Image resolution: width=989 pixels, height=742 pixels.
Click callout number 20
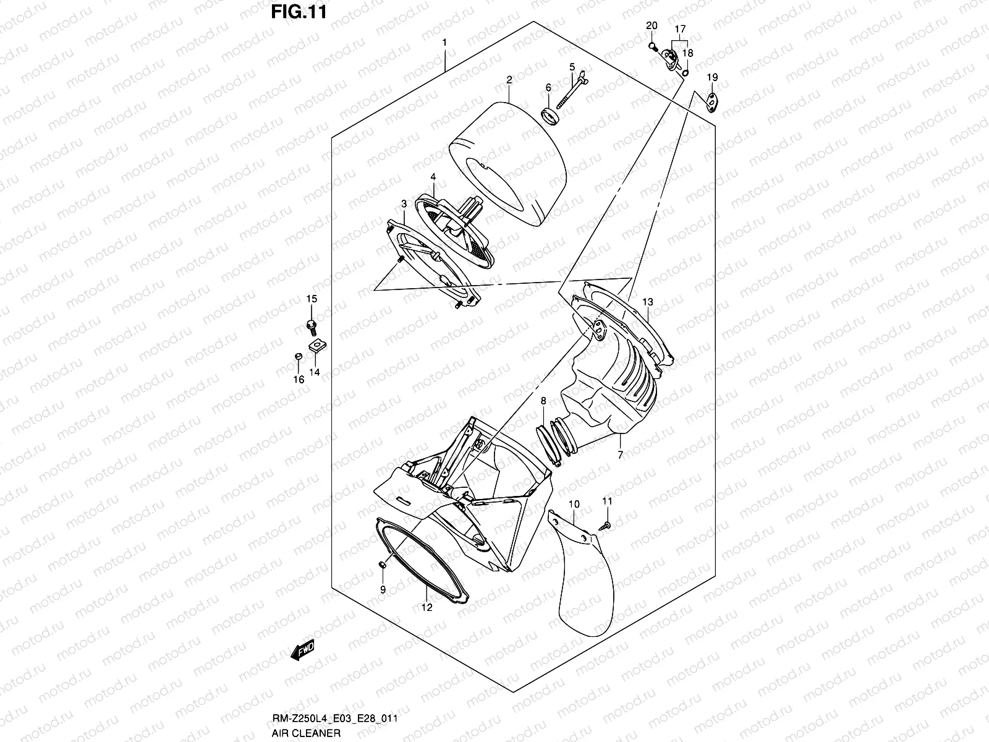pyautogui.click(x=652, y=25)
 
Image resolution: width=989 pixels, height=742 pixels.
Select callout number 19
pyautogui.click(x=712, y=77)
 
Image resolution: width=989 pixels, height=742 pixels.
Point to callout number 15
pyautogui.click(x=312, y=299)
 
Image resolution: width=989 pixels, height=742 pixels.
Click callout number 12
pyautogui.click(x=427, y=607)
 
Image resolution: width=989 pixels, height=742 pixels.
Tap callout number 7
pyautogui.click(x=620, y=455)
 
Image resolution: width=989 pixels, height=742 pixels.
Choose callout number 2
pyautogui.click(x=509, y=80)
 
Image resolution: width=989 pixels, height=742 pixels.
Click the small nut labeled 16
pyautogui.click(x=297, y=357)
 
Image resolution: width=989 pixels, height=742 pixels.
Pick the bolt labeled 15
pyautogui.click(x=311, y=324)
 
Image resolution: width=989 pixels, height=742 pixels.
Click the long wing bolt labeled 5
pyautogui.click(x=573, y=89)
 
